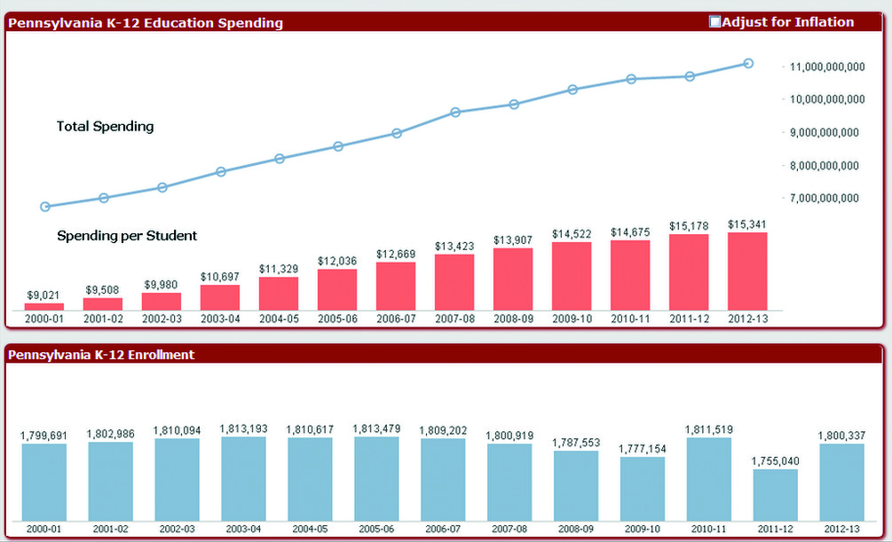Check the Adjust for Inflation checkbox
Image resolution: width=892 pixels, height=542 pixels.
click(x=715, y=22)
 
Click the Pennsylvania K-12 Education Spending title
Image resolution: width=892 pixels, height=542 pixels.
click(x=146, y=23)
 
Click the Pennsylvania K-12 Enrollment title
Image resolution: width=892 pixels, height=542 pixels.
click(x=101, y=355)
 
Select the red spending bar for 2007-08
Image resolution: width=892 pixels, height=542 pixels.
click(x=454, y=282)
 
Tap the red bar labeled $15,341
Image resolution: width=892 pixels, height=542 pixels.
click(x=747, y=271)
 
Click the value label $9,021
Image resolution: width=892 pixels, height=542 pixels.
click(x=43, y=295)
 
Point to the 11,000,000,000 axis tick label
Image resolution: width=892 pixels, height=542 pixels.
click(x=825, y=67)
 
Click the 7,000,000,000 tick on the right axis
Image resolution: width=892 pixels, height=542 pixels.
click(x=825, y=198)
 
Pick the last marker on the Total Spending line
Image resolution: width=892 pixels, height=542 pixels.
click(x=748, y=63)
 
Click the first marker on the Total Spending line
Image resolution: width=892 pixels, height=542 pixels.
click(x=45, y=207)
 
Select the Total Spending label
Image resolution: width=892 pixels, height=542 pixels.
click(x=105, y=126)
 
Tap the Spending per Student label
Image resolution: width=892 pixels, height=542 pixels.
click(x=127, y=236)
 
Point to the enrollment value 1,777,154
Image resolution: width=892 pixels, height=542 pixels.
click(x=643, y=449)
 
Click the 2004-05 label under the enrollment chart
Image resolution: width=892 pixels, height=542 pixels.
click(x=311, y=529)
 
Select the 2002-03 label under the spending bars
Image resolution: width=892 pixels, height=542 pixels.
click(x=162, y=318)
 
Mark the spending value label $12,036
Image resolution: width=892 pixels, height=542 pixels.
click(x=337, y=262)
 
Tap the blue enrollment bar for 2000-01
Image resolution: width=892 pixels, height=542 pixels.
click(x=44, y=482)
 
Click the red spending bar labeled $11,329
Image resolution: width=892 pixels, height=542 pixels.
click(x=279, y=293)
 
